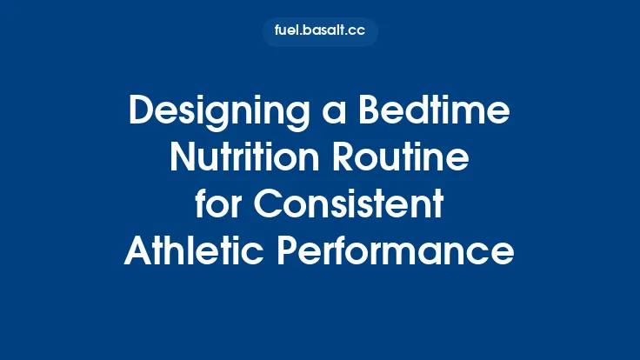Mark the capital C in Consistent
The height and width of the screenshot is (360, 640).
pyautogui.click(x=266, y=206)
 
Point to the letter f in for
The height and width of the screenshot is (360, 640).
pyautogui.click(x=201, y=206)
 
